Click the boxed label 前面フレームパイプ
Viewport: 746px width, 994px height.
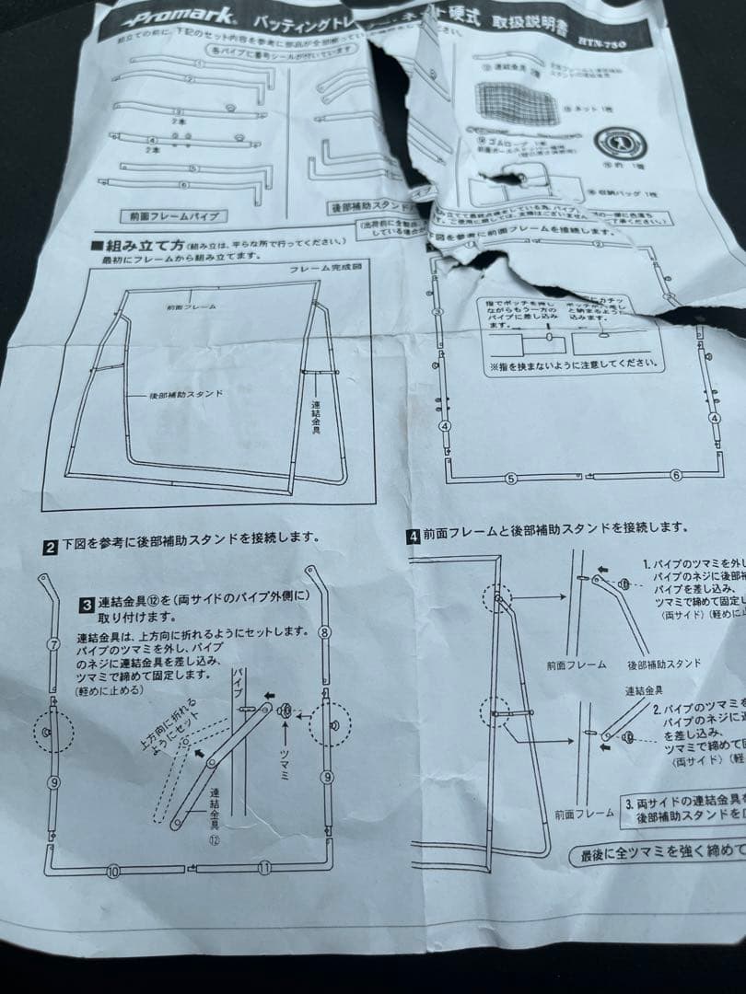point(173,215)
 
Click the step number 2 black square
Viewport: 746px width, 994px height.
point(51,545)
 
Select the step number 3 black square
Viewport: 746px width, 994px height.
point(86,605)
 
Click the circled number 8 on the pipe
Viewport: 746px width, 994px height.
point(324,633)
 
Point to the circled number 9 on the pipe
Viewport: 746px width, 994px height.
point(53,783)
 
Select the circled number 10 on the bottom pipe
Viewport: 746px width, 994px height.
point(113,870)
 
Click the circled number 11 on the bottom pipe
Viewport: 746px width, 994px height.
point(264,868)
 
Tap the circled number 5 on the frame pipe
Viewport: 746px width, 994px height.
point(512,478)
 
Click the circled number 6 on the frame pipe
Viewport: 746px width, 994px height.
point(676,475)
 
